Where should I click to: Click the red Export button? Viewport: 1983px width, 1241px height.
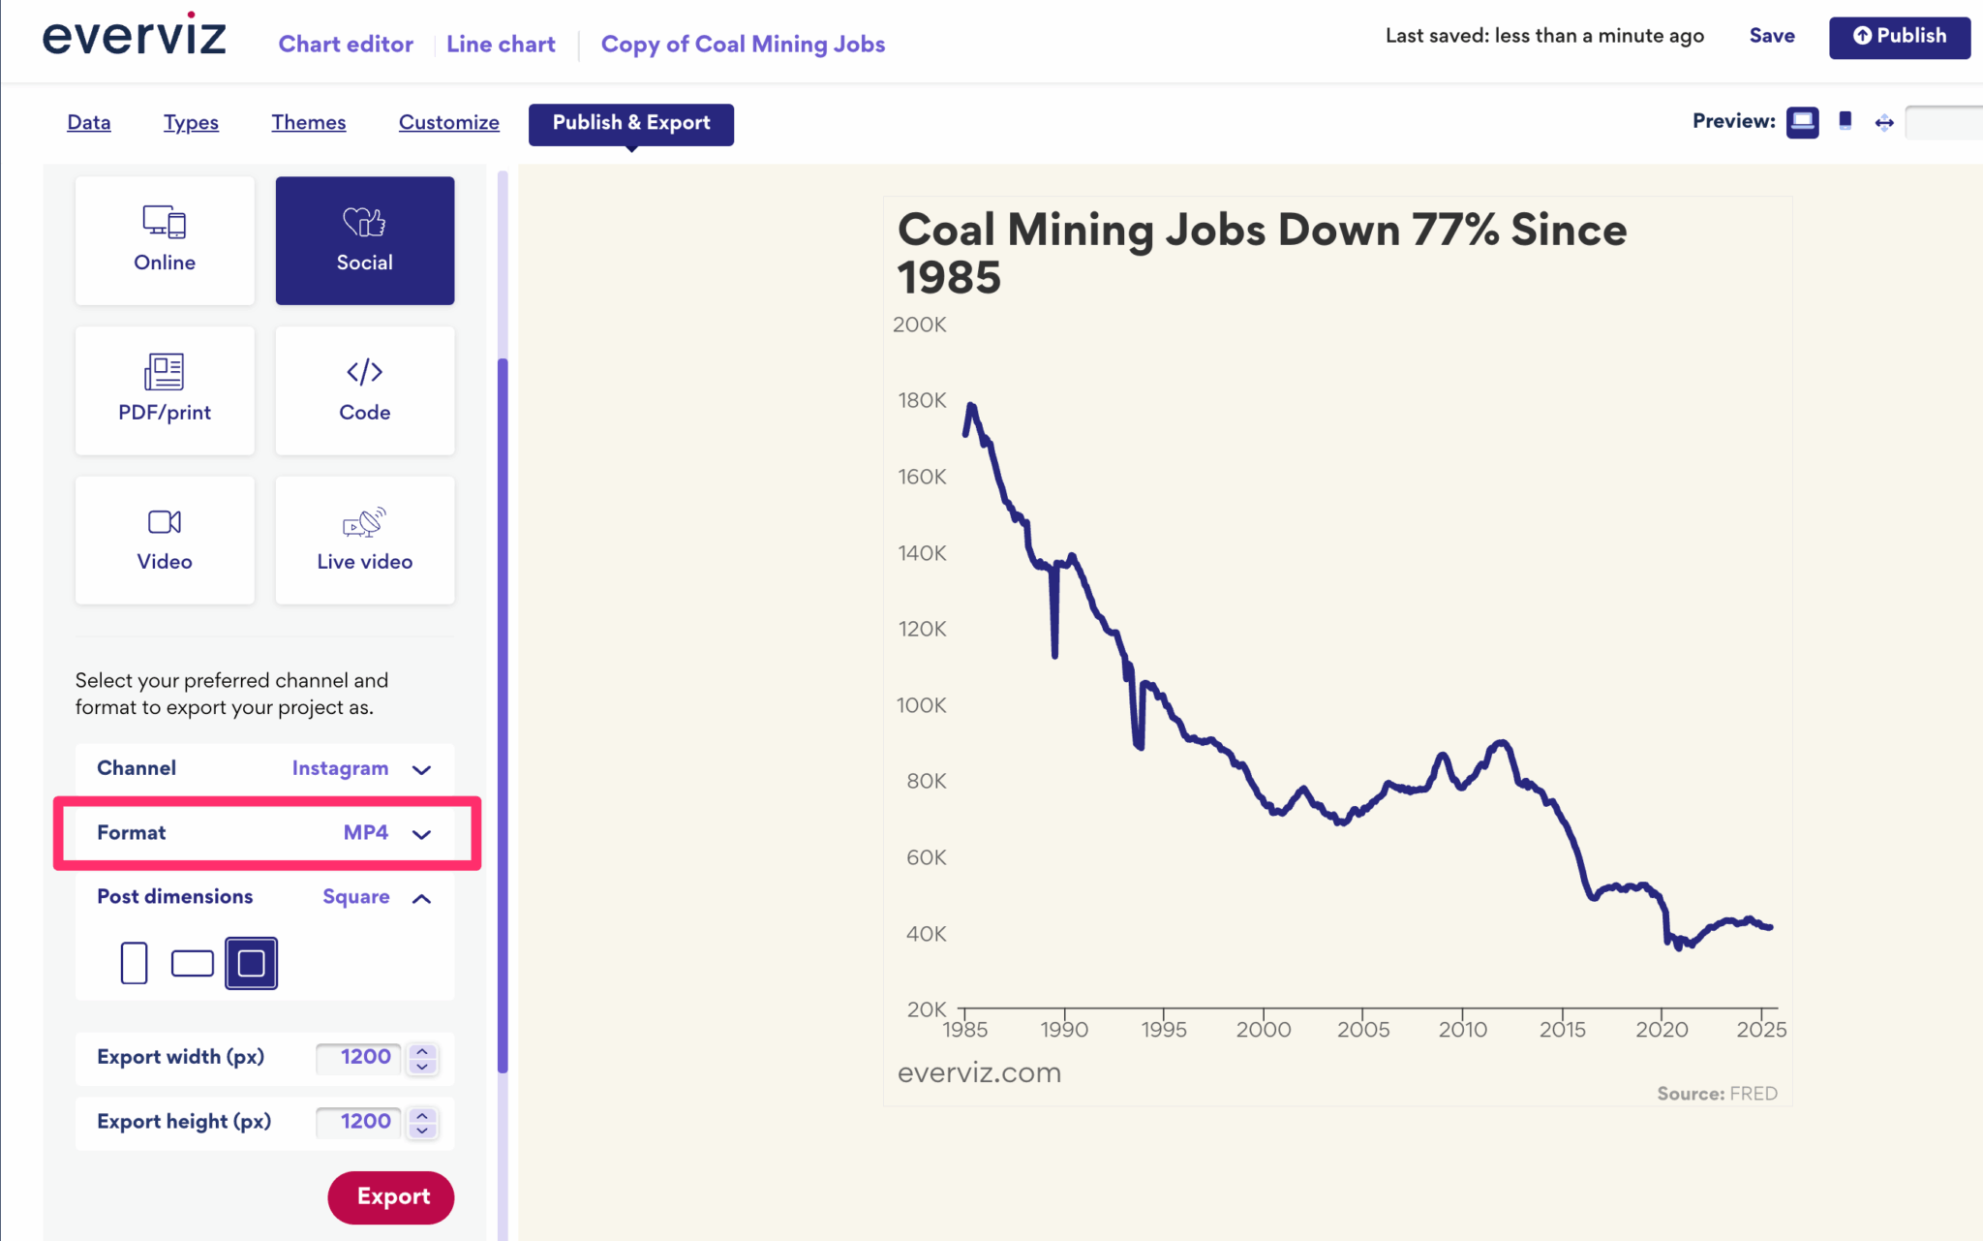tap(391, 1196)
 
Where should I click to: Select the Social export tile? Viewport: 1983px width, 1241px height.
tap(365, 240)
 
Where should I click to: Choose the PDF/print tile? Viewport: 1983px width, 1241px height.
tap(165, 390)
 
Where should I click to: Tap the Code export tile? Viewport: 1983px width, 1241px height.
tap(365, 390)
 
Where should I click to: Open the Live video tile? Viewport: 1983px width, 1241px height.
tap(365, 540)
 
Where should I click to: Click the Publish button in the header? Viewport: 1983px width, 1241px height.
tap(1899, 37)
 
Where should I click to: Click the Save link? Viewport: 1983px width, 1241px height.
tap(1771, 36)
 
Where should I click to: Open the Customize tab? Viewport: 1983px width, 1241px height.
tap(448, 123)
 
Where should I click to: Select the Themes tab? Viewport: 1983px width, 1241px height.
tap(308, 123)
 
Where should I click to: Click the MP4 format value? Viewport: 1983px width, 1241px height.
tap(366, 832)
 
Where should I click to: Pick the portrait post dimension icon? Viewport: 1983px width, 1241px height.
tap(134, 963)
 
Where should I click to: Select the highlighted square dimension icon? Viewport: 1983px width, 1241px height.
tap(251, 963)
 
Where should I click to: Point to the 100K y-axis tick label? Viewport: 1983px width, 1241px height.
tap(921, 705)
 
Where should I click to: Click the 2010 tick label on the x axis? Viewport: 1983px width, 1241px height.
tap(1462, 1030)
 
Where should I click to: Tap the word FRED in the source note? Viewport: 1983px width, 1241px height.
tap(1753, 1094)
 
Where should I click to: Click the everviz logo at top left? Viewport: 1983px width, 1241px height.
tap(135, 36)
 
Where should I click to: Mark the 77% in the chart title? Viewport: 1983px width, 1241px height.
tap(1455, 231)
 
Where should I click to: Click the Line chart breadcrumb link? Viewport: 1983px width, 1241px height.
tap(501, 45)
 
